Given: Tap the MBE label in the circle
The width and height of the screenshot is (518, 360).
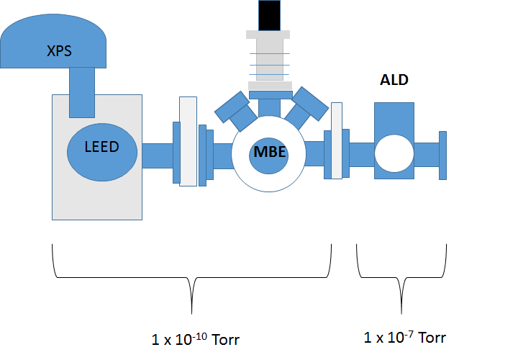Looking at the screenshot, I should click(x=270, y=153).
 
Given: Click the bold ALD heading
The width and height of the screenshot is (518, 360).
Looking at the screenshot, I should click(x=394, y=80).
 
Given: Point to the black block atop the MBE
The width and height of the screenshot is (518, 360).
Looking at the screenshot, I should click(x=270, y=14).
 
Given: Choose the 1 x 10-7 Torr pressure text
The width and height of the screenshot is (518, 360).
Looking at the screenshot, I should click(x=405, y=337).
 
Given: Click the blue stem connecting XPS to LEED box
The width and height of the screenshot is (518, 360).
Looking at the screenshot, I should click(x=82, y=91).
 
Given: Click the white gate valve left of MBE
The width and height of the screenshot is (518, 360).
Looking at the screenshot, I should click(x=188, y=140).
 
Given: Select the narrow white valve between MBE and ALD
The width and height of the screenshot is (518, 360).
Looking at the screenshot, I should click(x=336, y=140).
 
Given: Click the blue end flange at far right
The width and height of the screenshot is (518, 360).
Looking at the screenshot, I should click(x=442, y=155).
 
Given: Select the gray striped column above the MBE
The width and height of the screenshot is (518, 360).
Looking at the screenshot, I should click(x=270, y=60).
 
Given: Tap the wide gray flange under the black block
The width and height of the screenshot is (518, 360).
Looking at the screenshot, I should click(x=270, y=86).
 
